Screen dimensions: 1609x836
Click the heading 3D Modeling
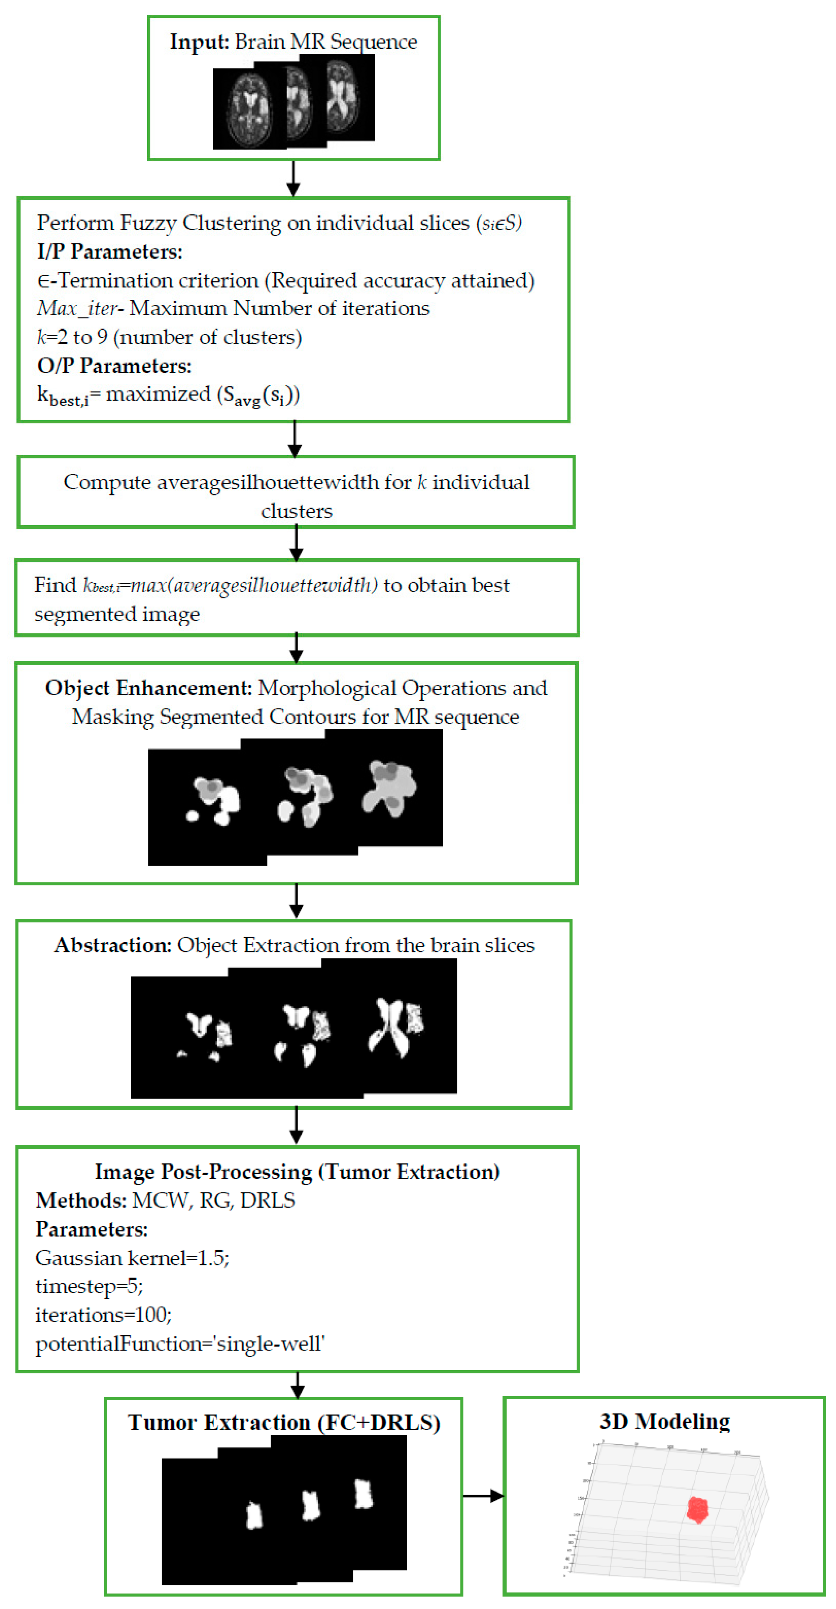[664, 1421]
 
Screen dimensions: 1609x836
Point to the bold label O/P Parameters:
[114, 365]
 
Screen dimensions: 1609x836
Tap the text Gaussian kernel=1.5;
[133, 1257]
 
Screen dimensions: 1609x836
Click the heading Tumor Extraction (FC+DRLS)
[284, 1422]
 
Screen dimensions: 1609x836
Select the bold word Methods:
[81, 1200]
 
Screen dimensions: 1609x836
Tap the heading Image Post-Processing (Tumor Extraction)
[297, 1171]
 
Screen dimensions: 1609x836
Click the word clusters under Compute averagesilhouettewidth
[297, 511]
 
